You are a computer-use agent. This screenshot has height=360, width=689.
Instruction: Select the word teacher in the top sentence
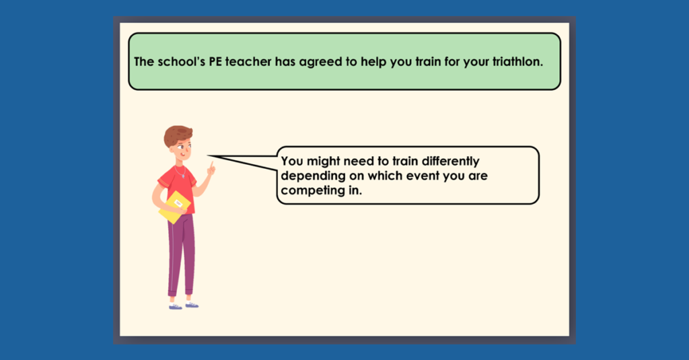coord(252,62)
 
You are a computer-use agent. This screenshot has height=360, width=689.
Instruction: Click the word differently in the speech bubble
coord(446,161)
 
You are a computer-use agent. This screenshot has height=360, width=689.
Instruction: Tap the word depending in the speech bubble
coord(309,176)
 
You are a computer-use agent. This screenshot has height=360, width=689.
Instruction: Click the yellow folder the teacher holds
coord(174,207)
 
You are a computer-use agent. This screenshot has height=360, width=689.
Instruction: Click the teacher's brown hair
coord(176,135)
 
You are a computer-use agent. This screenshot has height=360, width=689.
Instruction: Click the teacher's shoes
coord(184,305)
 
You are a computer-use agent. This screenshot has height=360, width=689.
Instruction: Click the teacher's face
coord(182,149)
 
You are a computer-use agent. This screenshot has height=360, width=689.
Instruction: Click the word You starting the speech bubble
coord(291,161)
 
